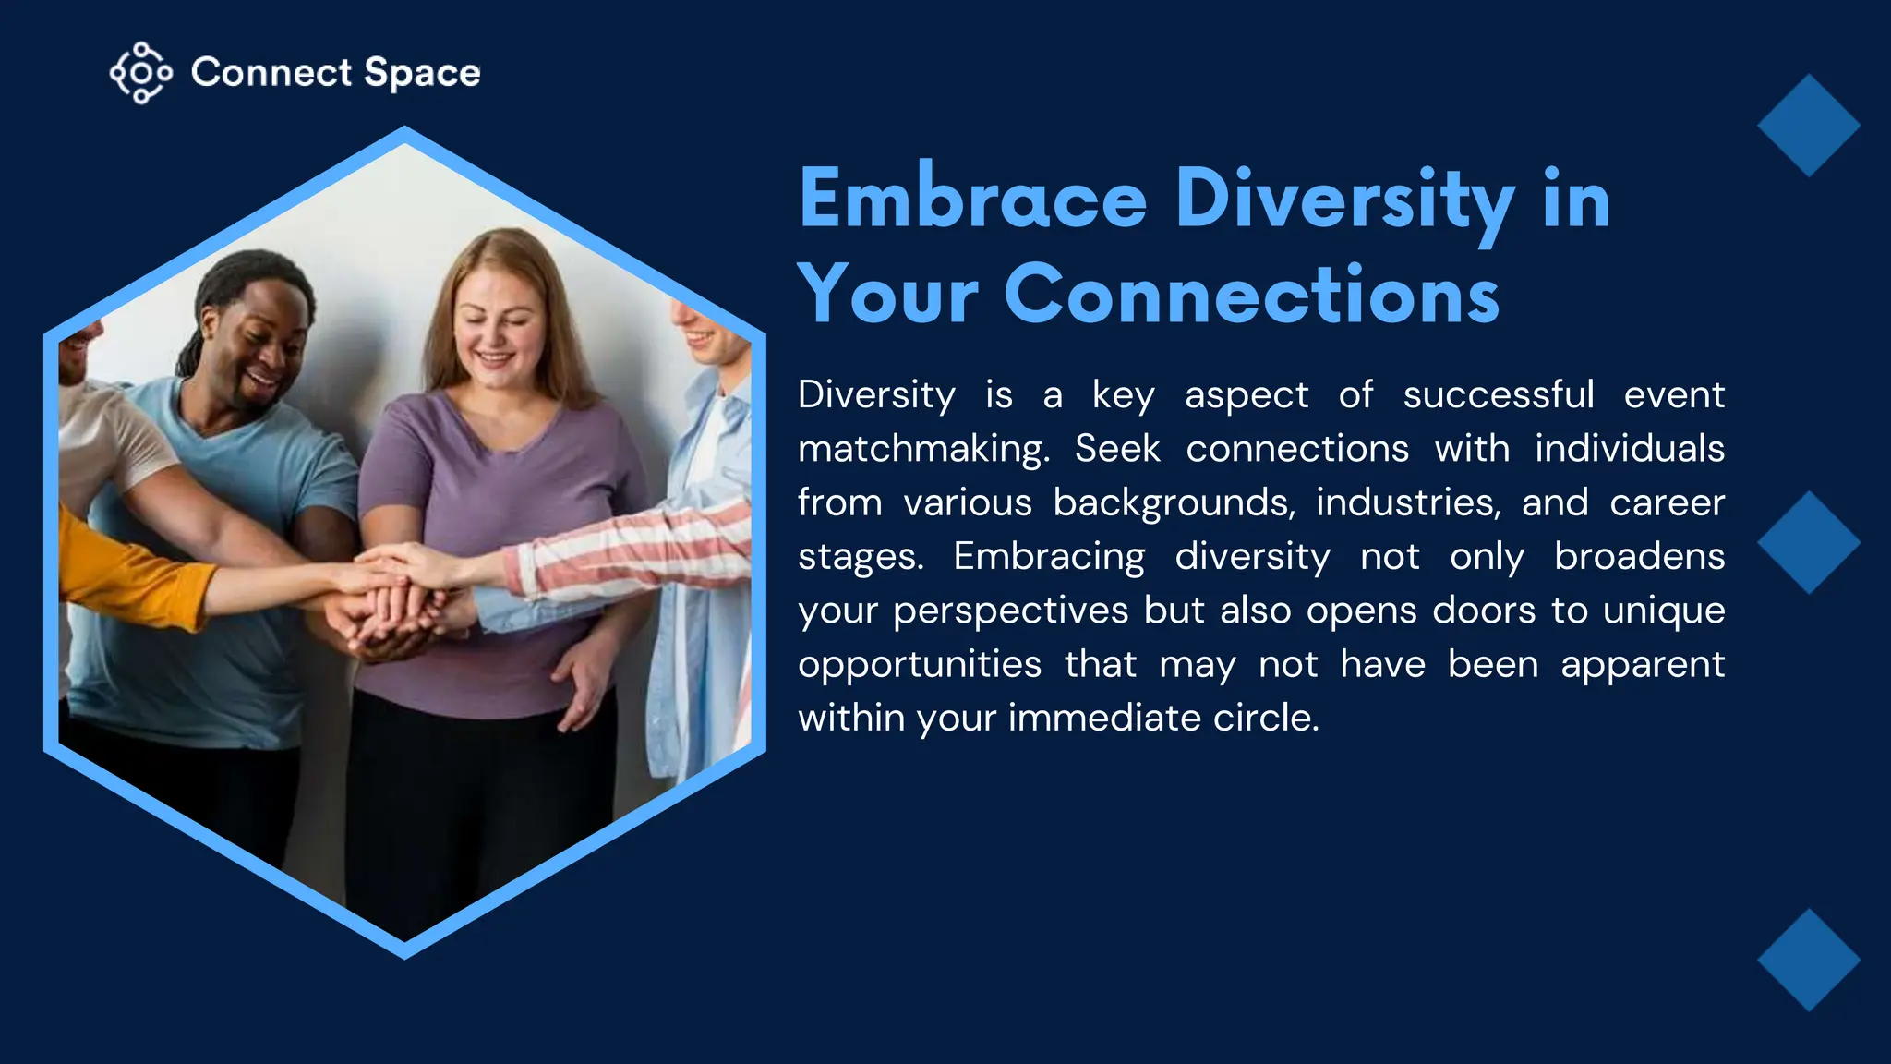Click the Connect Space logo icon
tap(140, 73)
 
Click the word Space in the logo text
tap(422, 73)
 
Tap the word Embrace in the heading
tap(972, 199)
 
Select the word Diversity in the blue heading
tap(1344, 199)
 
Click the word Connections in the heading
tap(1251, 295)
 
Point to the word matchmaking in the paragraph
tap(923, 449)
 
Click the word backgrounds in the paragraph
tap(1173, 502)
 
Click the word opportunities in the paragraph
tap(920, 664)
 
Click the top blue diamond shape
tap(1808, 126)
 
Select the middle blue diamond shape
tap(1808, 542)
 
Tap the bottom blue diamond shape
tap(1808, 960)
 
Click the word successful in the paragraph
tap(1498, 395)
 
